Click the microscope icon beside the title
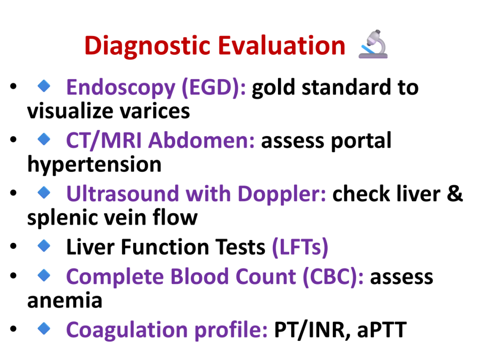point(373,44)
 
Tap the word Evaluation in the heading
point(282,45)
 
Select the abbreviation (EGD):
point(214,88)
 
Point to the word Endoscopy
point(121,88)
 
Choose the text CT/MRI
point(104,141)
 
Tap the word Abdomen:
point(202,141)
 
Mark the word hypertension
point(94,165)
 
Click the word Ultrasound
point(122,194)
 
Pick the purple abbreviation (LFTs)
point(300,247)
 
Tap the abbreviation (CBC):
point(333,277)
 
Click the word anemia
point(65,300)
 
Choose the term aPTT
point(382,330)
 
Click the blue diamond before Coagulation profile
point(44,329)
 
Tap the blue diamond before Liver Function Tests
point(44,246)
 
